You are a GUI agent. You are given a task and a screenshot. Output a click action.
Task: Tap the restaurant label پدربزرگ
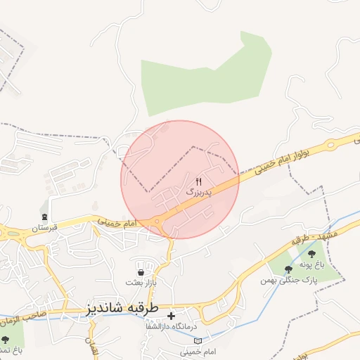tap(199, 191)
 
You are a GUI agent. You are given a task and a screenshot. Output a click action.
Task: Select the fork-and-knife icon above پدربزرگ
tap(199, 181)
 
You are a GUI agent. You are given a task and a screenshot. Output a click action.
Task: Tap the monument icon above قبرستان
tap(45, 217)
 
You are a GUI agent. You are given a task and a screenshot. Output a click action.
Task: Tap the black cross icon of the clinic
tap(171, 316)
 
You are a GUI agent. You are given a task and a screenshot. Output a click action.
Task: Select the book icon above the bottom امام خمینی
tap(198, 340)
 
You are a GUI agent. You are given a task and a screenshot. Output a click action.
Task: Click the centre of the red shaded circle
tap(180, 179)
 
